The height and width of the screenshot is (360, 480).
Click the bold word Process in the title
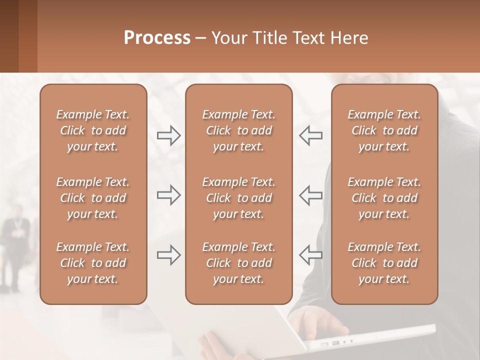(x=157, y=38)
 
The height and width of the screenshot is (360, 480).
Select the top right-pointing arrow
(x=169, y=135)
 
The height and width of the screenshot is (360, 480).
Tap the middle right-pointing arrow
(x=169, y=195)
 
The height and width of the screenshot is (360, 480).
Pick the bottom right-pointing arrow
(x=169, y=255)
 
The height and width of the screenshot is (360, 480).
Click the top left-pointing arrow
(x=310, y=135)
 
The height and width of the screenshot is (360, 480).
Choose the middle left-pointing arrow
(x=310, y=195)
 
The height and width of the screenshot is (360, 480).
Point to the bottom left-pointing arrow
(x=310, y=255)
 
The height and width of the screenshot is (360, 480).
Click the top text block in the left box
(x=93, y=130)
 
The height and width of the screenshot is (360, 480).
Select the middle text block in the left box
(x=93, y=198)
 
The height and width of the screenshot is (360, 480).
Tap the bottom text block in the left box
(x=93, y=263)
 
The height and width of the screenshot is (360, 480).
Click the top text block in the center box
(x=239, y=130)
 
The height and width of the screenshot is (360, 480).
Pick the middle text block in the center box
(x=239, y=198)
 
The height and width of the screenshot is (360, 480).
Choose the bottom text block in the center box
(x=239, y=263)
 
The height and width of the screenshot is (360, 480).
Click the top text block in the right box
(x=384, y=130)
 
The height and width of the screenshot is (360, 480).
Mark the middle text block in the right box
(x=384, y=198)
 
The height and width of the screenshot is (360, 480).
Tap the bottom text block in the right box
(x=384, y=263)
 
